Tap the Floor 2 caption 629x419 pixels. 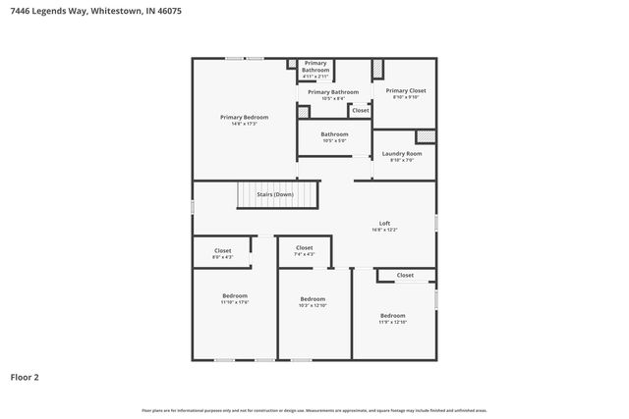tap(25, 376)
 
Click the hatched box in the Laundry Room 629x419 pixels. tap(425, 136)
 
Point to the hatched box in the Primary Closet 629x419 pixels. tap(377, 71)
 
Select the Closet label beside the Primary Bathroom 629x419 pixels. tap(361, 111)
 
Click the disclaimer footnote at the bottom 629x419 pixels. tap(314, 410)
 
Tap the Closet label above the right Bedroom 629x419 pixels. tap(405, 276)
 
